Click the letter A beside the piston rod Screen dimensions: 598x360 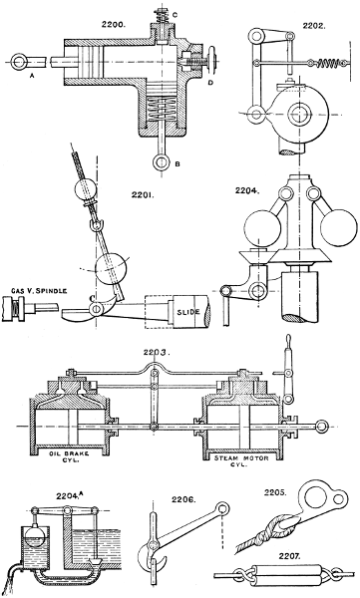pos(32,78)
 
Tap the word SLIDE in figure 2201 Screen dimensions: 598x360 pos(180,313)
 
